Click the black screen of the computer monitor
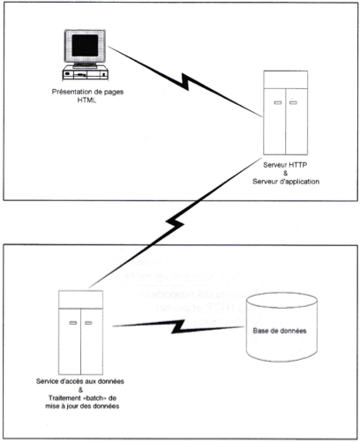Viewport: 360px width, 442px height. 85,45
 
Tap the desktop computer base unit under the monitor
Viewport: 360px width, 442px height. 86,73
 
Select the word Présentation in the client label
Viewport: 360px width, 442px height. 70,92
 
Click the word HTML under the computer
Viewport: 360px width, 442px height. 86,101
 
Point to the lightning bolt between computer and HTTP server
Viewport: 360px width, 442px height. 185,81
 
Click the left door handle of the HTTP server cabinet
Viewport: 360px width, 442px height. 278,102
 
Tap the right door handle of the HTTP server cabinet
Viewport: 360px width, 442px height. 293,102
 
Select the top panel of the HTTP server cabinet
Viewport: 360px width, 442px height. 285,79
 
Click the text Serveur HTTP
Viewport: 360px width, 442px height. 285,165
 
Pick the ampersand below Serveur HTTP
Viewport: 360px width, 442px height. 285,173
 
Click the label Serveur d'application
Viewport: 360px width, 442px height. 286,182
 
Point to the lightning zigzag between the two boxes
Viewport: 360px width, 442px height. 175,223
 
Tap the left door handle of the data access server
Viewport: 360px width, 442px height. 73,323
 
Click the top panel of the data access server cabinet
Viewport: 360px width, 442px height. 80,299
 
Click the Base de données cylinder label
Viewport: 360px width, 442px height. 280,331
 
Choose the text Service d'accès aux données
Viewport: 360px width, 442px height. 80,381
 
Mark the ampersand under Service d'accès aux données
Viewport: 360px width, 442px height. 81,390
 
